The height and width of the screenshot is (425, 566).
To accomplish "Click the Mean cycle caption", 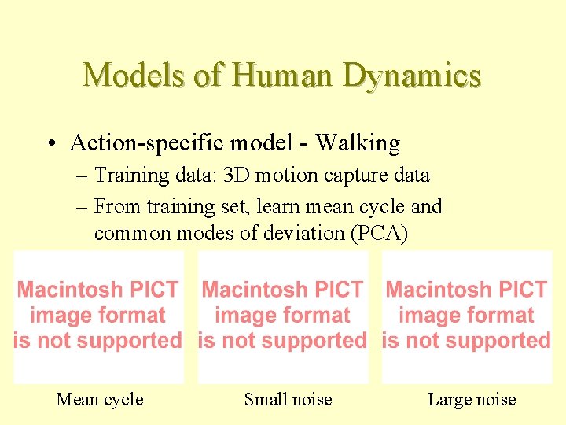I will pos(100,399).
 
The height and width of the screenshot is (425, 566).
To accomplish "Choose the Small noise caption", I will pos(288,399).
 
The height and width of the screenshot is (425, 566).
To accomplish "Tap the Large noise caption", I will pos(472,399).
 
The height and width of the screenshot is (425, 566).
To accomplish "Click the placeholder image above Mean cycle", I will pos(98,316).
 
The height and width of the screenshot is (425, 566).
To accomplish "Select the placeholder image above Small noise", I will pos(282,316).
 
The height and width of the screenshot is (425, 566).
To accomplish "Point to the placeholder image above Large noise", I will pos(467,316).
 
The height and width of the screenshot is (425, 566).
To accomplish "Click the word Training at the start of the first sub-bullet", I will pos(126,176).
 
